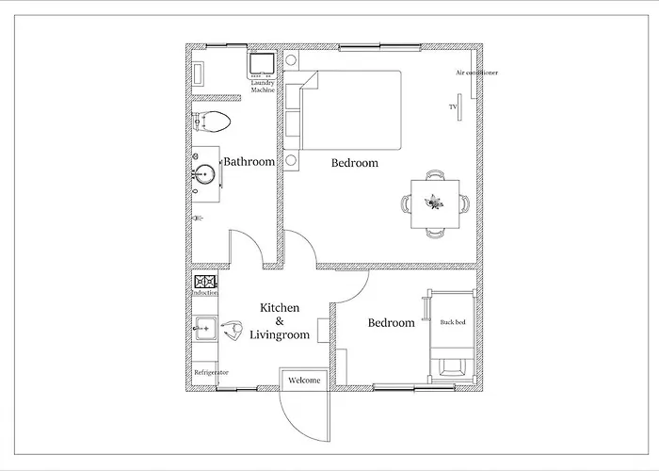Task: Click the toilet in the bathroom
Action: [x=212, y=122]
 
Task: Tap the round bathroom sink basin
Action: [x=205, y=173]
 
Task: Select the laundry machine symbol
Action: [x=262, y=65]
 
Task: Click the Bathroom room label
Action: [x=249, y=162]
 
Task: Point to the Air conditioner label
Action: [x=476, y=73]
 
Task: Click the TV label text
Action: [x=453, y=106]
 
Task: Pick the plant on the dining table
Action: [x=434, y=203]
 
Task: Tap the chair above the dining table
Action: [x=435, y=175]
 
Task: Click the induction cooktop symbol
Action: [x=205, y=282]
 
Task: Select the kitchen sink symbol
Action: [x=205, y=328]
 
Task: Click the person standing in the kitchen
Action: [x=232, y=331]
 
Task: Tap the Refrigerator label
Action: [x=212, y=373]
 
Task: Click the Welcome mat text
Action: [x=304, y=381]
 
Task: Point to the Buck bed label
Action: [x=453, y=322]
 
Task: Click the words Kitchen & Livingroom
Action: [x=280, y=321]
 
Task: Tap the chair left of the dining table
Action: [x=406, y=204]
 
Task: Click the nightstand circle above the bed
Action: [x=291, y=59]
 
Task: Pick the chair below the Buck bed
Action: [x=452, y=367]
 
